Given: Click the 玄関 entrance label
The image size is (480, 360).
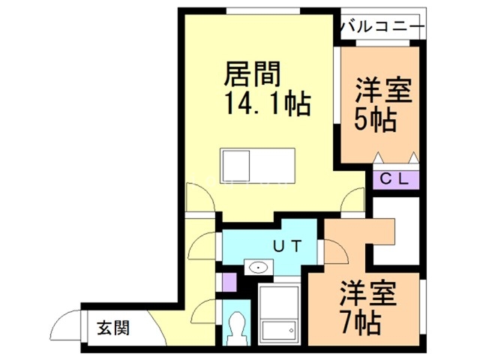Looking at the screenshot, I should tap(113, 328).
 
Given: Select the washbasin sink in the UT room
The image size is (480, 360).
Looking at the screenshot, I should tap(259, 266).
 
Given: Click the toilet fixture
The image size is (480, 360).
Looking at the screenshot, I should tap(239, 328).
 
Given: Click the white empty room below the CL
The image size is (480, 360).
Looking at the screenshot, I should tap(397, 229).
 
